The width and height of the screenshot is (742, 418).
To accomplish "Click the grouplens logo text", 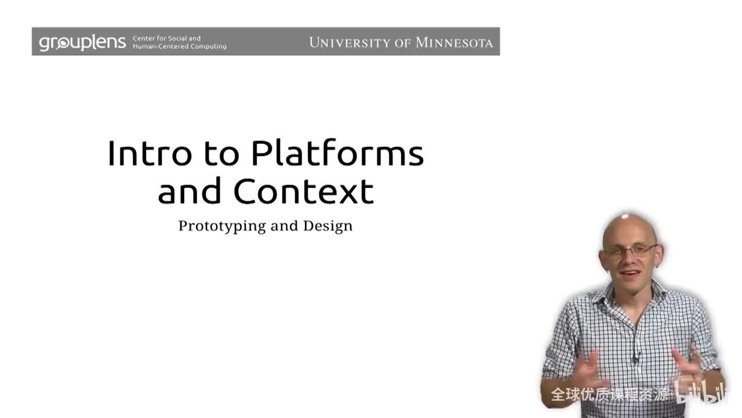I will coord(82,42).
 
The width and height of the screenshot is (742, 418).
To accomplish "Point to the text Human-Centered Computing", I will coord(179,46).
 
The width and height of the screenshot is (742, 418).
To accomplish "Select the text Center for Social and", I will coord(166,38).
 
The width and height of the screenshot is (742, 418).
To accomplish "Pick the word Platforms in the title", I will coord(337,154).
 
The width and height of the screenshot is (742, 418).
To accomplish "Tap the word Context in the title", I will coord(303,191).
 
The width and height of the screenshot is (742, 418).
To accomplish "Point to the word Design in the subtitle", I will coord(328,225).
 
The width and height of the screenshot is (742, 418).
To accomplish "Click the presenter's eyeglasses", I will coord(629,250).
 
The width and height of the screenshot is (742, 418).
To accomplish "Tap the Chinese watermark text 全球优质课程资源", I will coord(610,395).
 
